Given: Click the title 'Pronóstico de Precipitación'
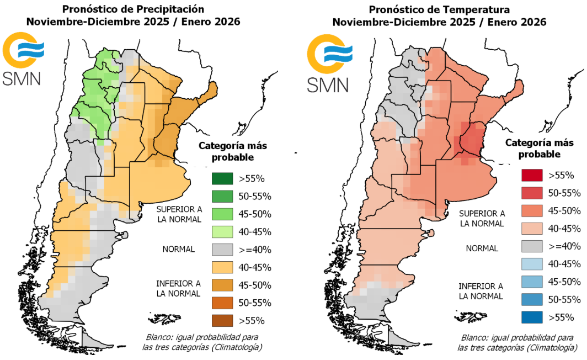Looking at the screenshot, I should coord(134,9).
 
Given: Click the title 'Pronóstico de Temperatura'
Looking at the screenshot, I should coord(439,9).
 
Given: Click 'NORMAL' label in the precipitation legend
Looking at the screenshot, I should coord(178,249).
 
